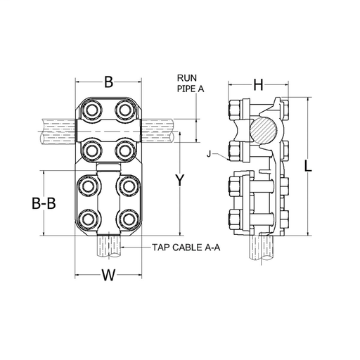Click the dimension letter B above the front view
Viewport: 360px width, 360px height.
108,82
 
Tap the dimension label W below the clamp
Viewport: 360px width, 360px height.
108,275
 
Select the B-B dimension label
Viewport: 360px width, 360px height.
44,203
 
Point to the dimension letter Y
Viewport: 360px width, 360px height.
180,180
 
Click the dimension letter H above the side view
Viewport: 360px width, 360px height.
258,85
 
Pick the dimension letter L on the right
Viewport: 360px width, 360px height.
308,166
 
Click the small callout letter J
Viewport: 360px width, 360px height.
209,154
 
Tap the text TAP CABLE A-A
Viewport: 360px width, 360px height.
186,247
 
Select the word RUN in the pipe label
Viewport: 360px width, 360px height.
187,78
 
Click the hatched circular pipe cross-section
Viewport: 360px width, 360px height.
264,130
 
